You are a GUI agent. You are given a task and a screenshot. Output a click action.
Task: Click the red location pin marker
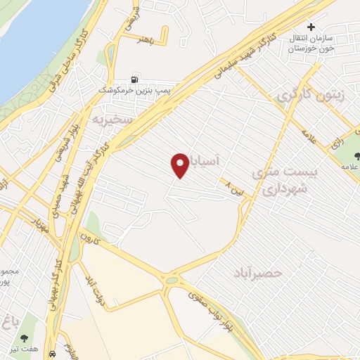coord(179,166)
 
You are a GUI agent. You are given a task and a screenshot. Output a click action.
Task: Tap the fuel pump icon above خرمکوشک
coord(134,79)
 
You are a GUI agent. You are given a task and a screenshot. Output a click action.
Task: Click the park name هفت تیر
coord(27,336)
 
